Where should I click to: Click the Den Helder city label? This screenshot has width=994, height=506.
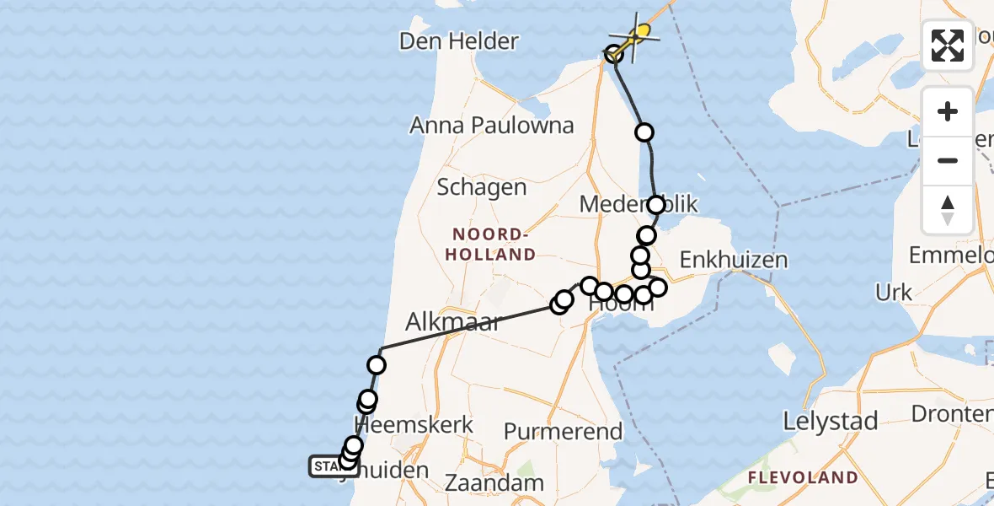coord(458,40)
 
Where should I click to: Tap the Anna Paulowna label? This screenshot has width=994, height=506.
coord(492,126)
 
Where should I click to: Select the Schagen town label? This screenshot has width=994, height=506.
coord(482,187)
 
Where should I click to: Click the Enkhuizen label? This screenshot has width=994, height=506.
coord(733,260)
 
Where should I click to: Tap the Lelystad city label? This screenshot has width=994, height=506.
coord(831,420)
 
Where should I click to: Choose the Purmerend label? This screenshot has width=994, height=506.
coord(563,432)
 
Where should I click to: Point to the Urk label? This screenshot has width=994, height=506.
coord(894,293)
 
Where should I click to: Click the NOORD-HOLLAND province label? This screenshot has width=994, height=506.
coord(493,244)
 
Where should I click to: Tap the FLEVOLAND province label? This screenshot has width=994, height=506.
coord(802,478)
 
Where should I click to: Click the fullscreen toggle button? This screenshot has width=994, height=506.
coord(948,46)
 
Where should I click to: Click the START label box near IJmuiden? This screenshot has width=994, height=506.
coord(325,466)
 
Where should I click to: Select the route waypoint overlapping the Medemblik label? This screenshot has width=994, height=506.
coord(656,204)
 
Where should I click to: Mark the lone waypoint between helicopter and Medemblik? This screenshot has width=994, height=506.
coord(644,132)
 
